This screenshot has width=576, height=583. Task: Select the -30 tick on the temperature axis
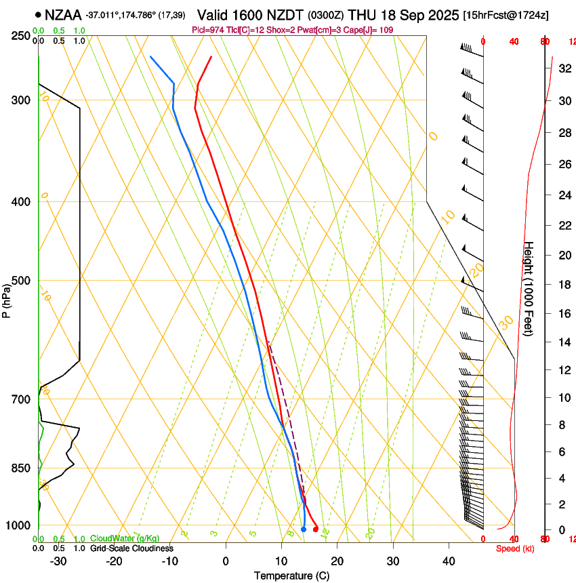[58, 561]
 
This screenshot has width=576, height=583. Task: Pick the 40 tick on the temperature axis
[448, 561]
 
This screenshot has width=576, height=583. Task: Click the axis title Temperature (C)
[291, 576]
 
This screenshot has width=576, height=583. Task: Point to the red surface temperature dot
[315, 529]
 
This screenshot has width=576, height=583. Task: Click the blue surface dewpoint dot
[304, 529]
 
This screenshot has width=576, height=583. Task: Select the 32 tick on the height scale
[562, 68]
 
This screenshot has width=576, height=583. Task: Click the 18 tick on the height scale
[562, 285]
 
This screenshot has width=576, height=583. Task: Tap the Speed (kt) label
[515, 548]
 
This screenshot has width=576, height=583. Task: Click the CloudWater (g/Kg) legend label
[125, 539]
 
